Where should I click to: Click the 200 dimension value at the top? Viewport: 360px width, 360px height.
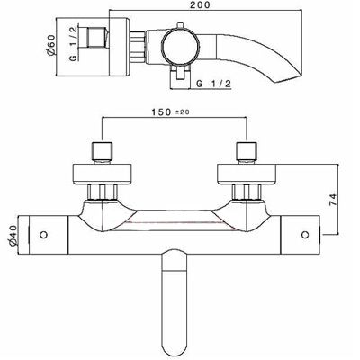pyautogui.click(x=213, y=7)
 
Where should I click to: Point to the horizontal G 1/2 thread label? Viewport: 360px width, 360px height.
pyautogui.click(x=215, y=85)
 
